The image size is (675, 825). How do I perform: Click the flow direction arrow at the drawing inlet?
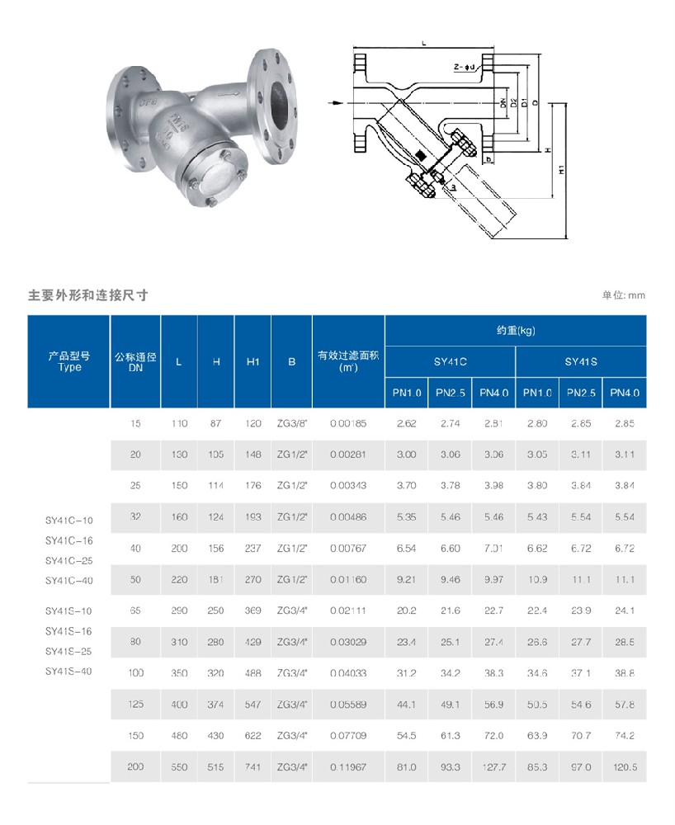[335, 103]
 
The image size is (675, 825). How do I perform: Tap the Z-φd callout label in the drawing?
[464, 67]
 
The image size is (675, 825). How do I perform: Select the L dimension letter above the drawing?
[422, 40]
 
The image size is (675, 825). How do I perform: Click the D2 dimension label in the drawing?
[513, 103]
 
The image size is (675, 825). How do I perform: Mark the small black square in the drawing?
[420, 154]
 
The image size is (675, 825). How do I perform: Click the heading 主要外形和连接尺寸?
[87, 295]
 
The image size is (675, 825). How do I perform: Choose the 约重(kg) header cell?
[516, 330]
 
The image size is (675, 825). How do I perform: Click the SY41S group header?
[581, 361]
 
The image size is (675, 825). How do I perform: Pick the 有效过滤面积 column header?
[348, 361]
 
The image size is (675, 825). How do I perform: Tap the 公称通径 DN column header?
[135, 361]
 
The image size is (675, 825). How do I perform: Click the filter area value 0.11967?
[347, 766]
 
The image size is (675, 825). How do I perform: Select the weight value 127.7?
[494, 766]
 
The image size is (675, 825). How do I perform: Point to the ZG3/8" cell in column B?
[292, 423]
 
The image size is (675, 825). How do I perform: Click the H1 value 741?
[253, 766]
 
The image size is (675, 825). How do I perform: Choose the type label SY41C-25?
[69, 561]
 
